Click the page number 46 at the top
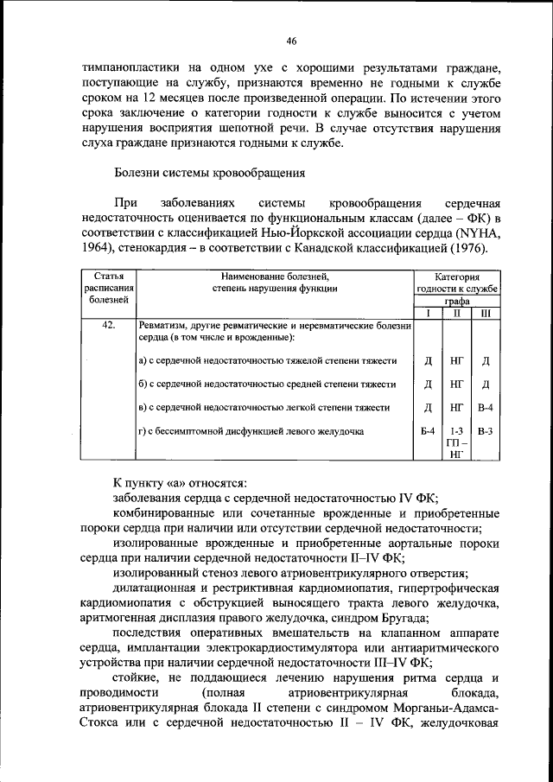tap(291, 41)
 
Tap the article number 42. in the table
tap(108, 326)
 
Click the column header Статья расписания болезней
tap(108, 288)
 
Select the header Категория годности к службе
tap(457, 282)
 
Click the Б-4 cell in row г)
tap(428, 430)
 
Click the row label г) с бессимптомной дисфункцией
tap(251, 430)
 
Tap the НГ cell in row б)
tap(457, 383)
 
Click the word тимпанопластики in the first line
tap(128, 66)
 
